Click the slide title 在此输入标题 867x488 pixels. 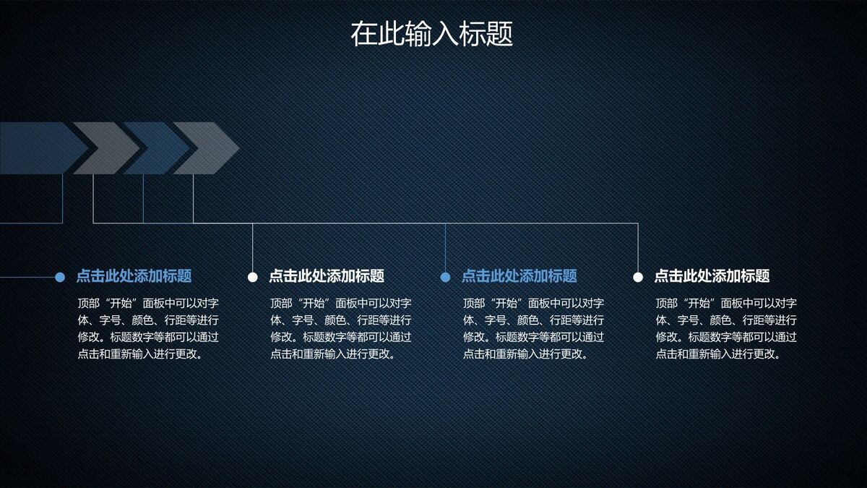pyautogui.click(x=431, y=34)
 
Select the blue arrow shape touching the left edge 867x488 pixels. pyautogui.click(x=36, y=148)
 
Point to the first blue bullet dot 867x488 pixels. pyautogui.click(x=60, y=276)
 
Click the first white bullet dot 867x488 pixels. pyautogui.click(x=253, y=276)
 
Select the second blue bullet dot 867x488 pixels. pyautogui.click(x=445, y=276)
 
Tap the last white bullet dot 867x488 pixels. pyautogui.click(x=638, y=276)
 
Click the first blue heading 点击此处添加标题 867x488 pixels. pyautogui.click(x=134, y=275)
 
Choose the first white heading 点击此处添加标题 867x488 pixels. pyautogui.click(x=327, y=275)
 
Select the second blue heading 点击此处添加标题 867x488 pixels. pyautogui.click(x=519, y=275)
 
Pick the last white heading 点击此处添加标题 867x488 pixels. pyautogui.click(x=712, y=275)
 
